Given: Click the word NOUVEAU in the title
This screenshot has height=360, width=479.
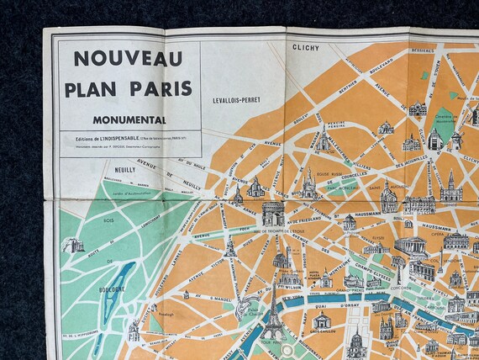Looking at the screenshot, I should (128, 58).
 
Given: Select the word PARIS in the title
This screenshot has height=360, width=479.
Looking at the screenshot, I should (164, 88).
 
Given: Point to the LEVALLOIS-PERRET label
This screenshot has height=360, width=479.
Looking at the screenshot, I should (237, 99).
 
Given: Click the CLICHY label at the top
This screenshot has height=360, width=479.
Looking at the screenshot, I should (306, 48).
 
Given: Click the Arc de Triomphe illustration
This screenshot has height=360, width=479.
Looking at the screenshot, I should (273, 214).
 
